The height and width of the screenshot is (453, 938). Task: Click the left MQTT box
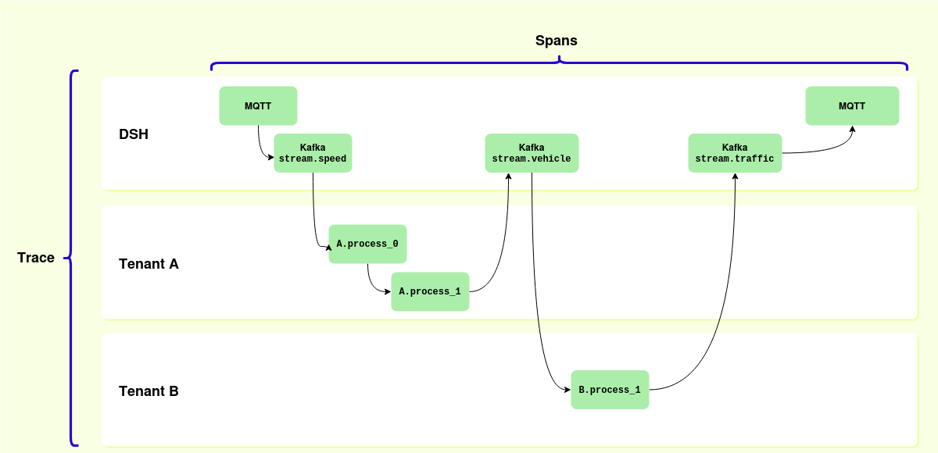[258, 105]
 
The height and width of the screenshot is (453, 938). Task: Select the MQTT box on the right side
[852, 105]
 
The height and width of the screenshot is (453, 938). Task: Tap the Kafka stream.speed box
[313, 153]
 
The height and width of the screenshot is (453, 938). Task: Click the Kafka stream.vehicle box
[532, 153]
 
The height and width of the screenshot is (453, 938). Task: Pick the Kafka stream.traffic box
[735, 153]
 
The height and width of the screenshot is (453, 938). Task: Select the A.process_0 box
[367, 244]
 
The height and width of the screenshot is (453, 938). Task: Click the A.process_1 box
[430, 291]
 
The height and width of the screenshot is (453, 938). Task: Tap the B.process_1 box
[610, 389]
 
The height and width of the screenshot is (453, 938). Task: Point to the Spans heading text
[556, 41]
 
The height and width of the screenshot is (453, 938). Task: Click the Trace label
[36, 258]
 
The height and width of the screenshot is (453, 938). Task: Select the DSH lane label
[134, 134]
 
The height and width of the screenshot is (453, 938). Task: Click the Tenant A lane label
[149, 264]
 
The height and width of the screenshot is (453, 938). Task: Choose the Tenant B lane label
[149, 391]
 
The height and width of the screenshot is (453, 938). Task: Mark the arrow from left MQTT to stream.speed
[260, 144]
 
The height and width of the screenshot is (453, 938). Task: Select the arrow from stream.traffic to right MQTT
[829, 148]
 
